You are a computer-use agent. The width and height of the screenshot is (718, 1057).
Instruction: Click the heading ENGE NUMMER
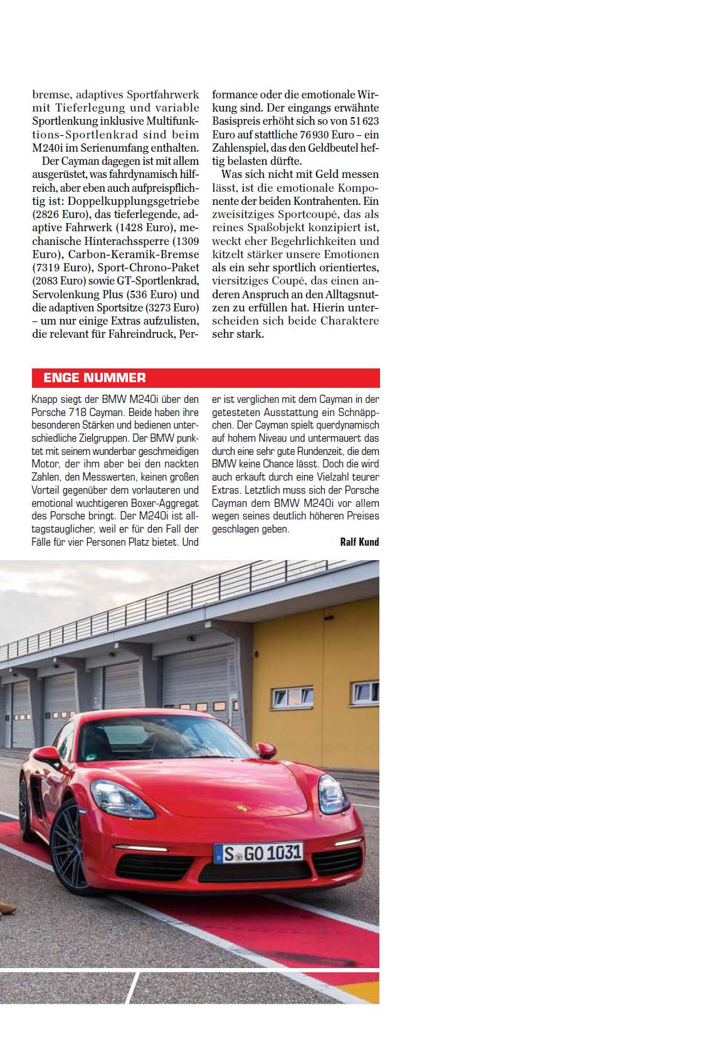[x=94, y=378]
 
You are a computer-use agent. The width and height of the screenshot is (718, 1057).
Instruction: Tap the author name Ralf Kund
[x=359, y=542]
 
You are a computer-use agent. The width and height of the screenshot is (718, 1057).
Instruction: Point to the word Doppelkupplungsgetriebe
[x=134, y=201]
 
